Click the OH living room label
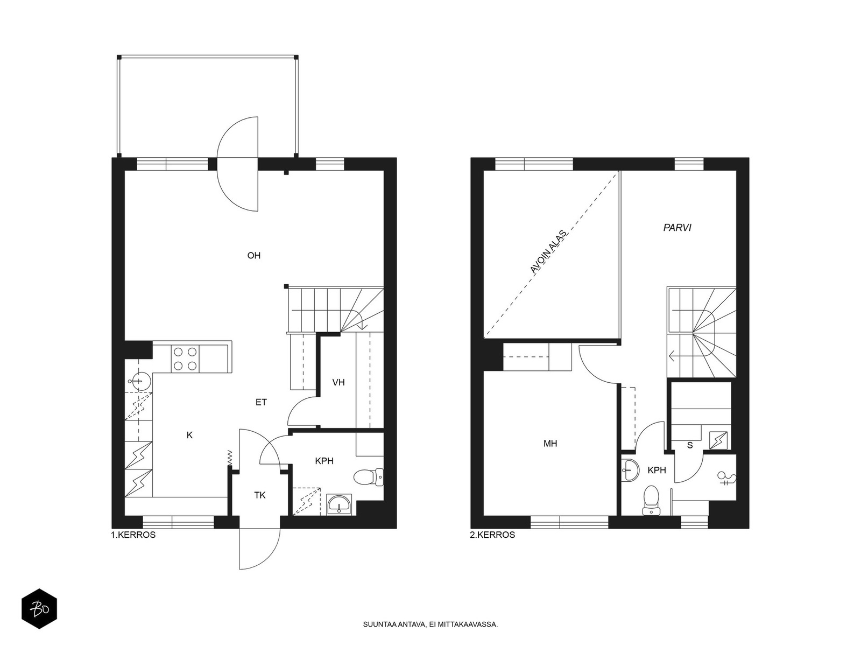point(254,256)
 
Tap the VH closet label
point(338,382)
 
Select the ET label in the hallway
point(261,402)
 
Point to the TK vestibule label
point(260,495)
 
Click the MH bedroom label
point(550,444)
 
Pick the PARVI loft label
point(677,228)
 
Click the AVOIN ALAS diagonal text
point(548,251)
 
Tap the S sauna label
point(690,445)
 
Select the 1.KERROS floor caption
point(133,535)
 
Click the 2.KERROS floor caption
point(492,535)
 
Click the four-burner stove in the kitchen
point(185,359)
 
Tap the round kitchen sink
point(139,381)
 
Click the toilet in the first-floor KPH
point(368,478)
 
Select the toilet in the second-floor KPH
point(651,500)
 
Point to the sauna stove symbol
point(718,440)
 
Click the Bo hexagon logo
point(39,609)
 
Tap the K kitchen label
point(189,435)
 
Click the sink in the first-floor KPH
point(339,504)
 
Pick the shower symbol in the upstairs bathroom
point(726,478)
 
